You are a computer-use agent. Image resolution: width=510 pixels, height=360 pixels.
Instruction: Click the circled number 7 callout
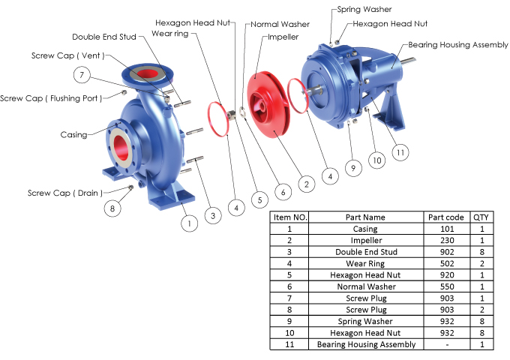[83, 73]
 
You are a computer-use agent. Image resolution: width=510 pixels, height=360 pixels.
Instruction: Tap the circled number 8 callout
[112, 208]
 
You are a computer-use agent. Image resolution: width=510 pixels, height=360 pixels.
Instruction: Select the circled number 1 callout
[190, 222]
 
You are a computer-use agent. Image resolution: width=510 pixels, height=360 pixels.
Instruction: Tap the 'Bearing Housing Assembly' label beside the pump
[458, 45]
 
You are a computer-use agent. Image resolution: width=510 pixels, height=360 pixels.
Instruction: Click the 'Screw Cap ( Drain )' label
[64, 193]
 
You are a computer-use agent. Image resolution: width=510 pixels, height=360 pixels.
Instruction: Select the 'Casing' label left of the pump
[73, 135]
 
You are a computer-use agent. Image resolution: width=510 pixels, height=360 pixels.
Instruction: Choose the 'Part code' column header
[447, 217]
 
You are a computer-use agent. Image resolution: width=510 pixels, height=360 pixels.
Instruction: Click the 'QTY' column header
[481, 217]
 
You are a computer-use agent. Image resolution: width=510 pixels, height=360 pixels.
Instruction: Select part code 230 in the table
[447, 241]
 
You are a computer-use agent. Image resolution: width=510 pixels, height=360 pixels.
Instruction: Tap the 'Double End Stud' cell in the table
[365, 252]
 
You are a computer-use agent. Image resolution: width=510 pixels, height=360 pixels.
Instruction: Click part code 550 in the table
[447, 286]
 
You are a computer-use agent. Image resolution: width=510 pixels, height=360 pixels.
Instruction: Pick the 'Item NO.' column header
[289, 217]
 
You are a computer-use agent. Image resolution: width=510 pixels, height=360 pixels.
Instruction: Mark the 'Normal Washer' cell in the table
[365, 286]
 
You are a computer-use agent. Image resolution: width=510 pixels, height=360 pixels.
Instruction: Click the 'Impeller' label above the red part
[283, 37]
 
